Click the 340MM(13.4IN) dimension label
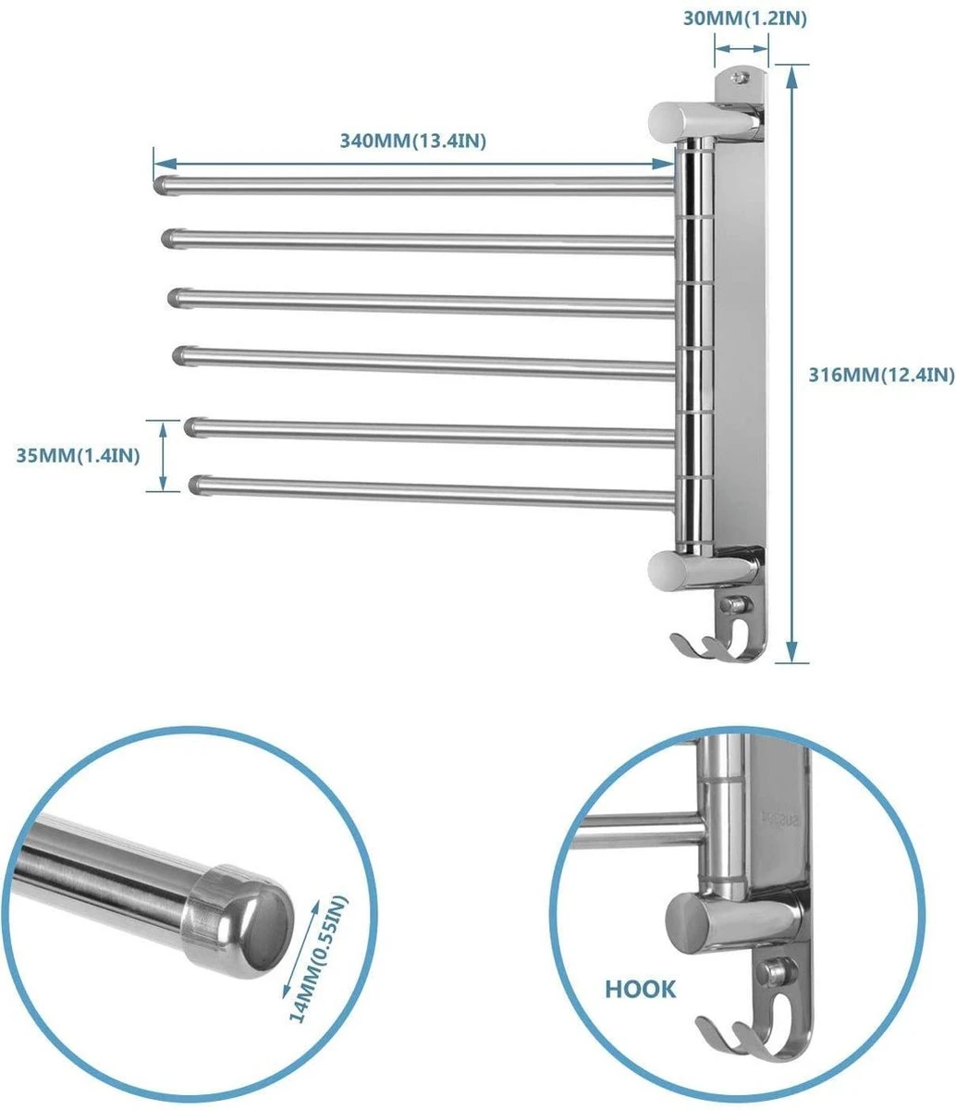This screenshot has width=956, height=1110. (413, 141)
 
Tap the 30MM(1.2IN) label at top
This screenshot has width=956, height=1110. (740, 17)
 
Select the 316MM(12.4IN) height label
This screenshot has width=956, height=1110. (881, 375)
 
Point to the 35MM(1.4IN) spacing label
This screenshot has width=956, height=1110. (77, 455)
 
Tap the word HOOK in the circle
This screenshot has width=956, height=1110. (641, 989)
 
